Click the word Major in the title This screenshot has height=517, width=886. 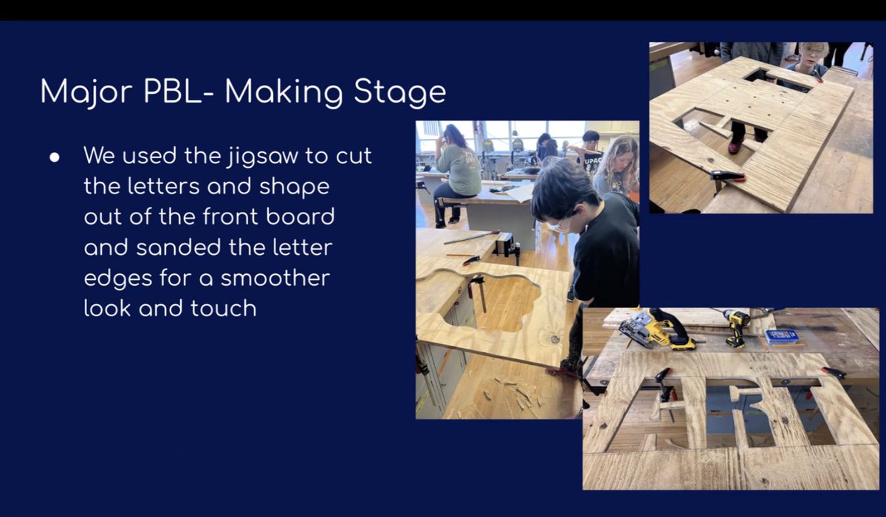86,92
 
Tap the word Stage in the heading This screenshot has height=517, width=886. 399,92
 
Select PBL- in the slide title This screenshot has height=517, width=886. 179,92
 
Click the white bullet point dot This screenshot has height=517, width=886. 55,157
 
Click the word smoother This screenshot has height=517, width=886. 275,278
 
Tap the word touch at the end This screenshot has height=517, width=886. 224,309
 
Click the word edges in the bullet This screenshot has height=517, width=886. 118,280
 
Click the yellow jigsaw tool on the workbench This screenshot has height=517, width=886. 656,330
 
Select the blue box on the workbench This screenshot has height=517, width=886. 782,337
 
